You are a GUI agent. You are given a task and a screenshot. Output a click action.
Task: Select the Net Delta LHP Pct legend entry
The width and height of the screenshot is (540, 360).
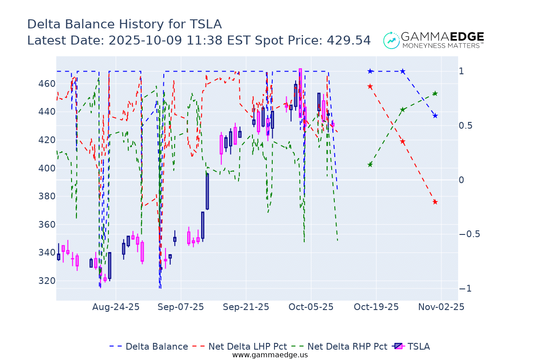pos(247,346)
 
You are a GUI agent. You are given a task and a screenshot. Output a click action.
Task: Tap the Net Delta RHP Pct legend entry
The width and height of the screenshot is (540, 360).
pos(347,346)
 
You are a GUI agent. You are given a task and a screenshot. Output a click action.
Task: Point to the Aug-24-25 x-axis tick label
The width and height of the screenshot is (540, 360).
pos(116,307)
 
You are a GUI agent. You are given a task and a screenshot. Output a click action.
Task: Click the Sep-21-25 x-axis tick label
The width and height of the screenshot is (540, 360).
pos(246,307)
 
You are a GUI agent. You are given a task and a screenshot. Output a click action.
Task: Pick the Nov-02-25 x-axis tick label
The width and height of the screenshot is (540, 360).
pos(441,307)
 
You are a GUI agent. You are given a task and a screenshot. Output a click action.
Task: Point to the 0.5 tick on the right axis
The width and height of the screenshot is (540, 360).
pos(467,126)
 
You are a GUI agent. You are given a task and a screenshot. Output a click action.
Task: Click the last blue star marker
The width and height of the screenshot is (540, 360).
pos(435,116)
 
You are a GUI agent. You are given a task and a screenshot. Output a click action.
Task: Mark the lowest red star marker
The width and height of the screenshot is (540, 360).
pos(435,202)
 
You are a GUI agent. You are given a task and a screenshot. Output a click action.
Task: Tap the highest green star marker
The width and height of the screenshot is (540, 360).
pos(435,94)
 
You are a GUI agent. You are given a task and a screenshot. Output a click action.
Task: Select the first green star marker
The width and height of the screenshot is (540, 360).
pos(370,165)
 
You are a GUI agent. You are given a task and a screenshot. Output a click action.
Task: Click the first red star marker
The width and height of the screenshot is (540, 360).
pos(370,86)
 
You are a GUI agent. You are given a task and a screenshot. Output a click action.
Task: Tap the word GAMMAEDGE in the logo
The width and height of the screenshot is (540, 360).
pos(442,36)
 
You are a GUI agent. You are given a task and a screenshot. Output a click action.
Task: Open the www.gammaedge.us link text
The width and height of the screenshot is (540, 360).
pos(270,355)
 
